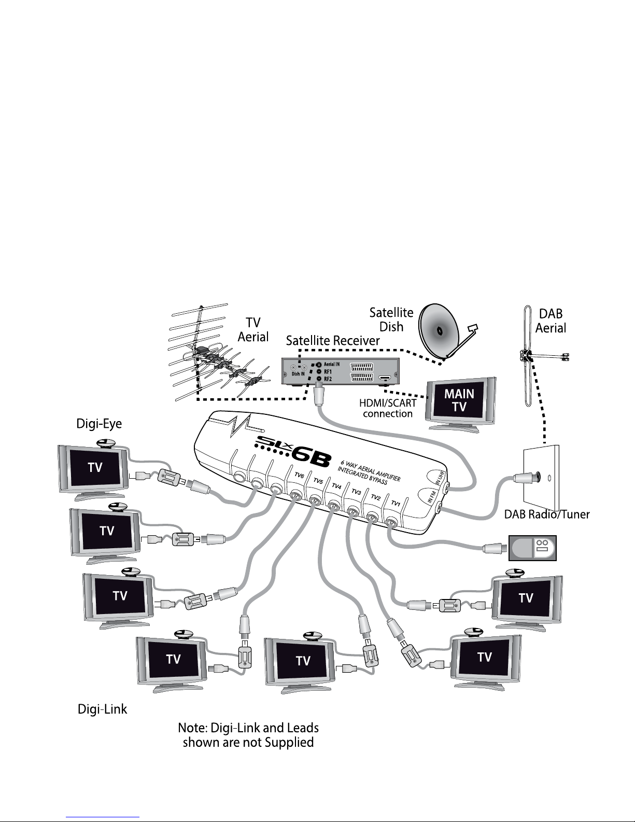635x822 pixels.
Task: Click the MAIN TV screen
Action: tap(459, 400)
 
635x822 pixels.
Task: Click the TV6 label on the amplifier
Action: tap(300, 475)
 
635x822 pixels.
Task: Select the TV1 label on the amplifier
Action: tap(396, 503)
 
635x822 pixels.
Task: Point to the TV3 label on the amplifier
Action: tap(357, 492)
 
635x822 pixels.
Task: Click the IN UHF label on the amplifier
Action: tap(441, 478)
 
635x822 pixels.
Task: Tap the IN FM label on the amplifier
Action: tap(432, 496)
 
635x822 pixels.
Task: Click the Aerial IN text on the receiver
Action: tap(331, 364)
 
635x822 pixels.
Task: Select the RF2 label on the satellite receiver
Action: tap(328, 379)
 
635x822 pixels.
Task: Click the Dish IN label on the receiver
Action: tap(298, 374)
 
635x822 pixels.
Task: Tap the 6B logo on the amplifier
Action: tap(311, 458)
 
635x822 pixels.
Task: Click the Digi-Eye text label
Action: tap(99, 424)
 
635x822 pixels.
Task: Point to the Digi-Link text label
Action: tap(102, 708)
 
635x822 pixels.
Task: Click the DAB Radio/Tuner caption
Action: tap(547, 514)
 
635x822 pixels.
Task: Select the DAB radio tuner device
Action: tap(532, 548)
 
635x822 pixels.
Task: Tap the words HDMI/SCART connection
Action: tap(388, 408)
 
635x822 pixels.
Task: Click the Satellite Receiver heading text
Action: tap(333, 340)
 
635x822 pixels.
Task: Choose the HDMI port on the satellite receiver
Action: tap(385, 378)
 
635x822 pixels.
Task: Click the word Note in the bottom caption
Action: tap(192, 728)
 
